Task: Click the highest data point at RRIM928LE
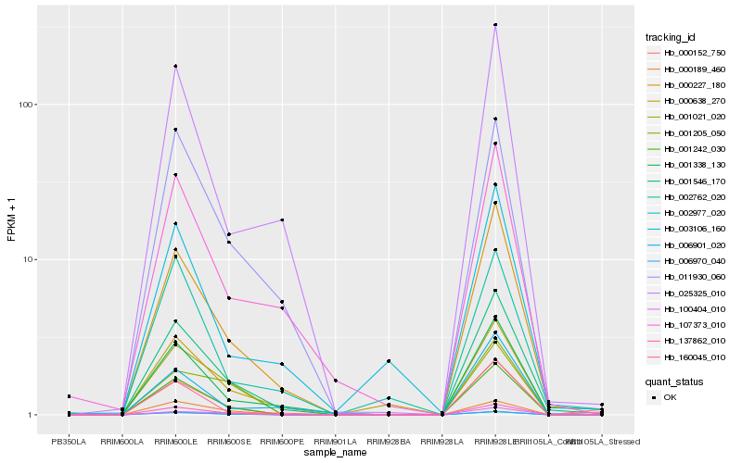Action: pos(495,25)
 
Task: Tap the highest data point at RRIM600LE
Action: pos(175,67)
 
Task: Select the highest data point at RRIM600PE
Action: pos(282,219)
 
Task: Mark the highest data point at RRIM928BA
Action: pos(389,360)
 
